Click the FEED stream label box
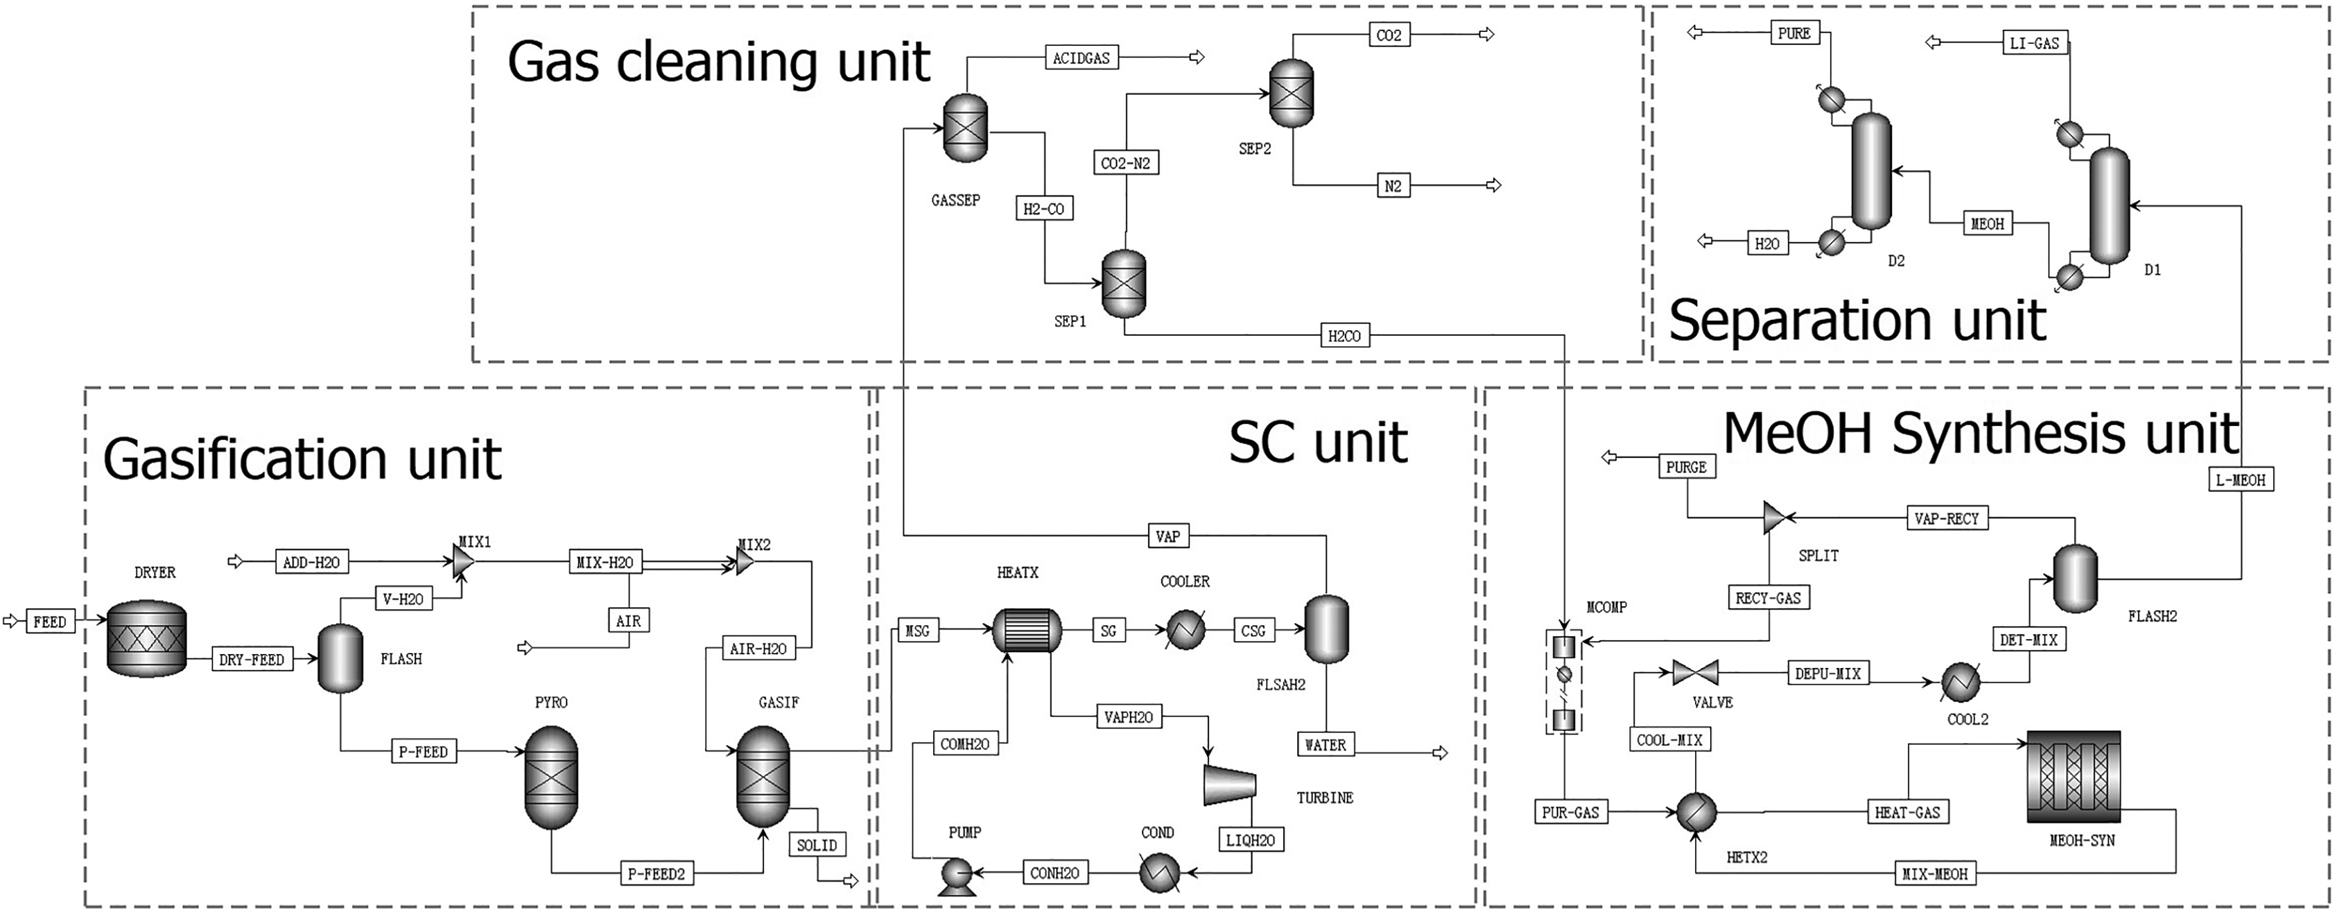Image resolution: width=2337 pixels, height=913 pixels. point(49,622)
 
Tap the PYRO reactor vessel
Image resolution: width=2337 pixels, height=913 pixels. point(550,777)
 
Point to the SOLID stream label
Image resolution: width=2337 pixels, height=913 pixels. point(817,845)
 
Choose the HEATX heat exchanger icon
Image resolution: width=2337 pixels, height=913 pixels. point(1026,631)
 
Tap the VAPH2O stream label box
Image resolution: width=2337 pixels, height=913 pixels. point(1128,717)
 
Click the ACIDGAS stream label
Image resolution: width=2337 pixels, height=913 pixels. point(1081,58)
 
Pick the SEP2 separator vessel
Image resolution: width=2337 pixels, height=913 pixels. point(1291,94)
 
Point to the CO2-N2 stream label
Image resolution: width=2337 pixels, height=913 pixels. point(1125,163)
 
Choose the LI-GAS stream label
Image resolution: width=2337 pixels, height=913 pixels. point(2034,42)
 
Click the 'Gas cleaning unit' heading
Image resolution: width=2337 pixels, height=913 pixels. point(718,62)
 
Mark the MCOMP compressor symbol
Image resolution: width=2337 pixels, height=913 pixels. point(1563,683)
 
